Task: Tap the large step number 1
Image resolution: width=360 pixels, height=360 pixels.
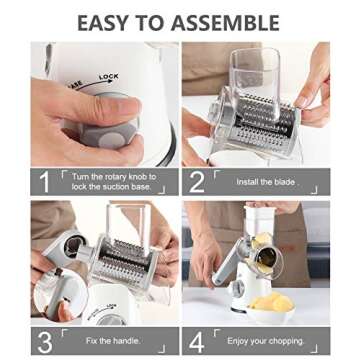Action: click(44, 182)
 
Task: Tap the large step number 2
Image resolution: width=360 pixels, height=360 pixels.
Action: click(196, 182)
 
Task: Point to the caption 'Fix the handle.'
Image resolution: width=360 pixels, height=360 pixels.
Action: click(111, 340)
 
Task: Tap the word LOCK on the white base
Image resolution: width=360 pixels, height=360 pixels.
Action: click(108, 77)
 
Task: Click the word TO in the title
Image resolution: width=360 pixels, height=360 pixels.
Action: click(161, 21)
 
